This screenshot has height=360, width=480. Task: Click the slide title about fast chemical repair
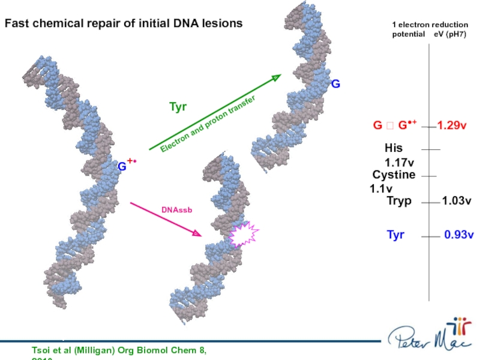pos(124,23)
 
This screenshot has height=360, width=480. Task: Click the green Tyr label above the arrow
pos(178,107)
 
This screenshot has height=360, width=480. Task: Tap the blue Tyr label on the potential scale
pos(395,235)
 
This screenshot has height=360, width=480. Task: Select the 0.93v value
pos(459,235)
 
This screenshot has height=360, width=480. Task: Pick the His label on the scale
pos(394,148)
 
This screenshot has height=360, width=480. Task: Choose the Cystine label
pos(394,175)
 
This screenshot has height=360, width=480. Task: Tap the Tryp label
pos(399,201)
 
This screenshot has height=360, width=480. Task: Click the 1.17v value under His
pos(400,162)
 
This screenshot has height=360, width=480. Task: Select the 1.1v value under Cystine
pos(381,188)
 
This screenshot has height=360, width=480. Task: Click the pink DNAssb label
pos(176,210)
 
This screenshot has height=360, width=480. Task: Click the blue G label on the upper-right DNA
pos(336,85)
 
